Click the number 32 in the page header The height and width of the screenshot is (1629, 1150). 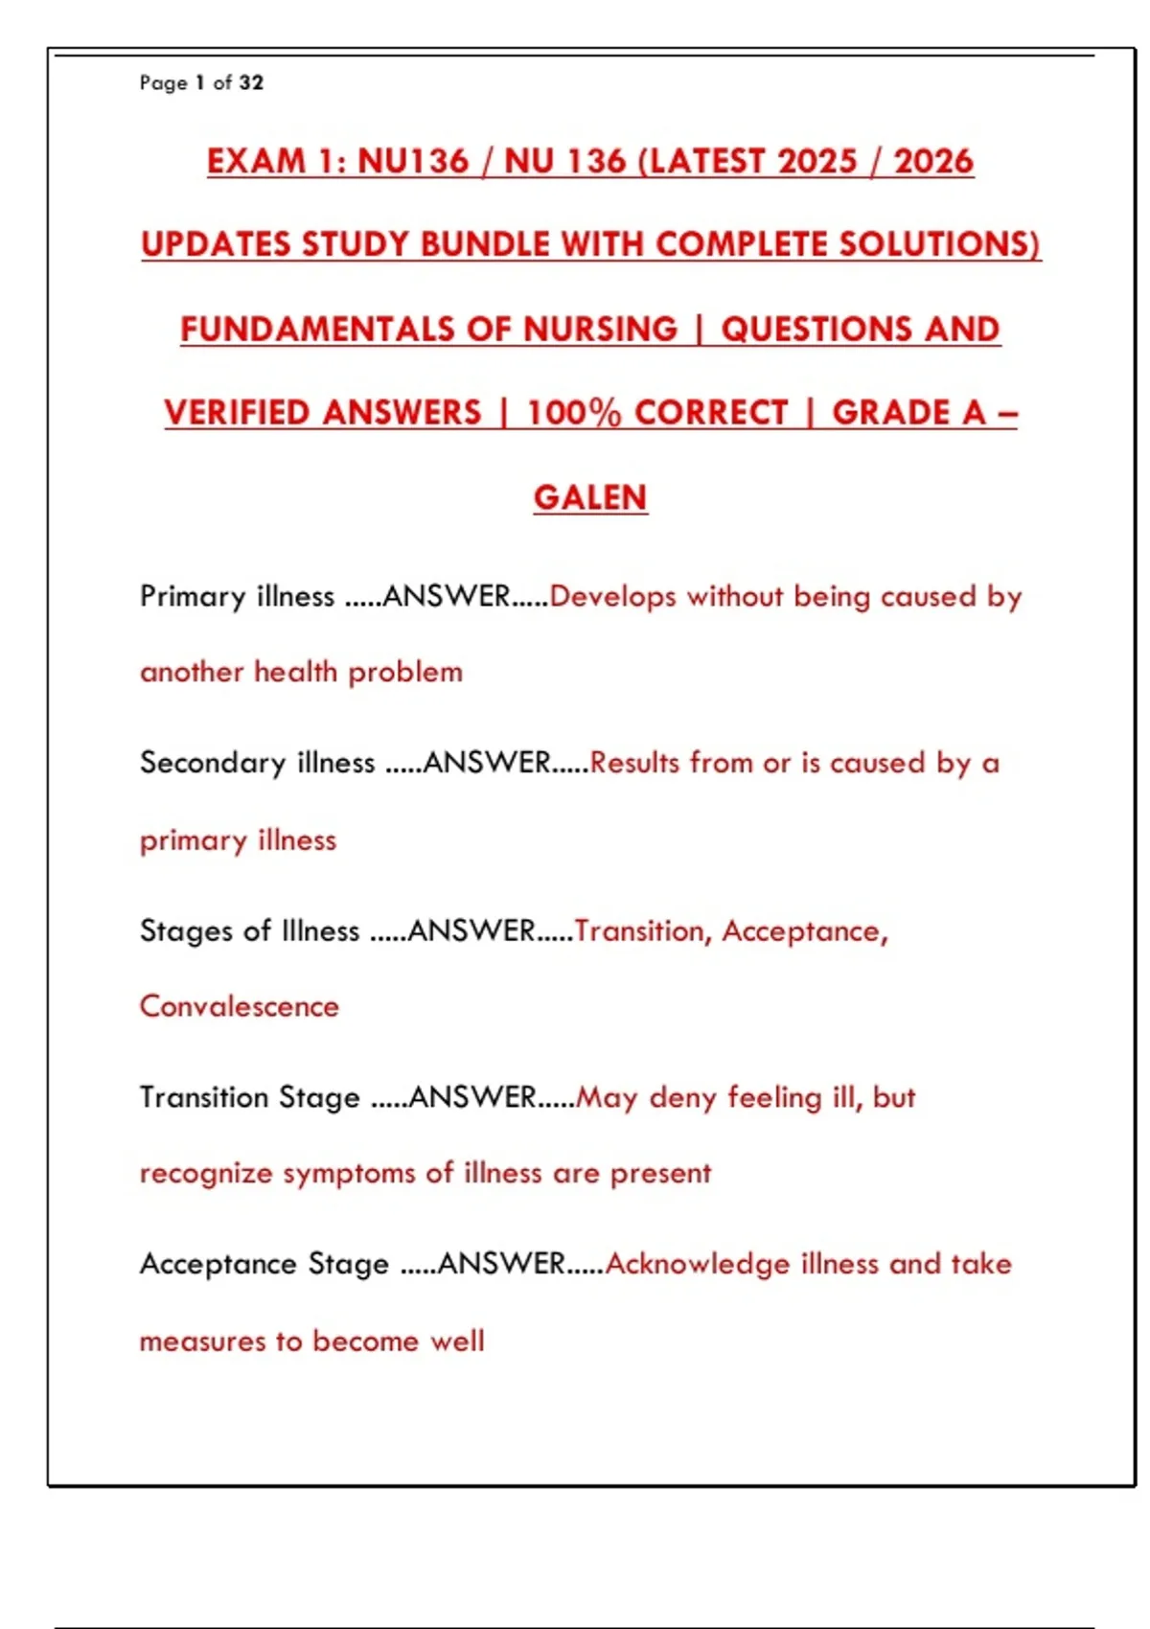[251, 83]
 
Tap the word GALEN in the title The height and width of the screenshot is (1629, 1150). [590, 497]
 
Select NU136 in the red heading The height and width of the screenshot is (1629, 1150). [413, 161]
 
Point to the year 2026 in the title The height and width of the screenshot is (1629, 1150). [933, 161]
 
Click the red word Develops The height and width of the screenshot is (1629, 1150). [613, 596]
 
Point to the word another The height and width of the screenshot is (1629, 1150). [192, 672]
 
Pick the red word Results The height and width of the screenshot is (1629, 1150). [634, 763]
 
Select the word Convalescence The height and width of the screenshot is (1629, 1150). [240, 1006]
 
